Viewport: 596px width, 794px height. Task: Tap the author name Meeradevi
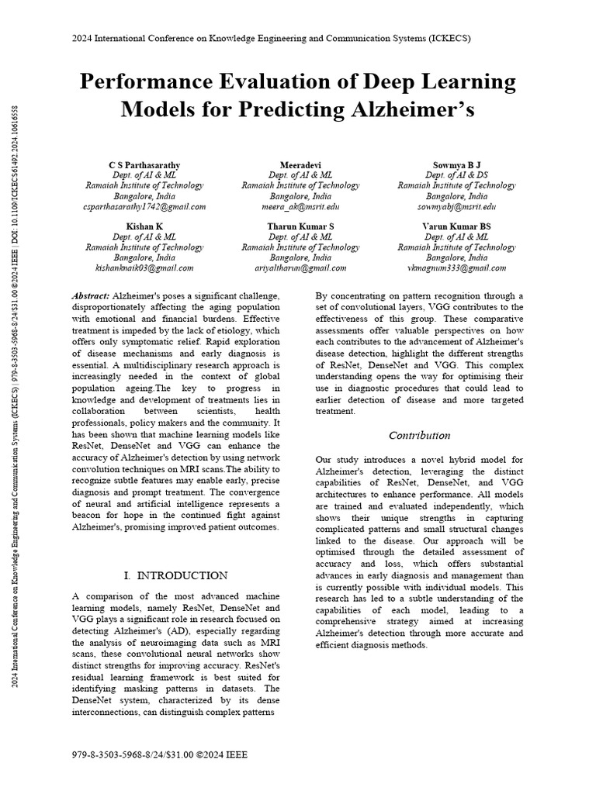point(300,165)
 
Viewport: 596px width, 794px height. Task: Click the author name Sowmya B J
point(456,165)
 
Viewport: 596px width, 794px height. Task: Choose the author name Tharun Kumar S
point(300,226)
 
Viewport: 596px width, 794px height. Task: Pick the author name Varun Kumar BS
point(456,226)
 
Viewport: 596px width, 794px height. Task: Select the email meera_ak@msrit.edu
point(300,206)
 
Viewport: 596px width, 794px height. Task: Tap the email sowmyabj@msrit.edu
point(456,206)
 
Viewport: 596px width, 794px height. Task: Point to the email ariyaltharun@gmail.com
point(300,268)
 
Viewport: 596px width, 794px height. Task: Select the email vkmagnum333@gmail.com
point(456,268)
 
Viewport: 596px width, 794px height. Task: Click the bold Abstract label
point(91,296)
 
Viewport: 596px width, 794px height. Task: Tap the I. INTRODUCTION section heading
point(175,575)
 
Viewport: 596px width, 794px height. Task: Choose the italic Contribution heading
point(419,435)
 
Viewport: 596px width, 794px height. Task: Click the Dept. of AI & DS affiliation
point(456,175)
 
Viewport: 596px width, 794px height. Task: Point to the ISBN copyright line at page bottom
point(159,754)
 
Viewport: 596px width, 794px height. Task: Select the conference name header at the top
point(271,38)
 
